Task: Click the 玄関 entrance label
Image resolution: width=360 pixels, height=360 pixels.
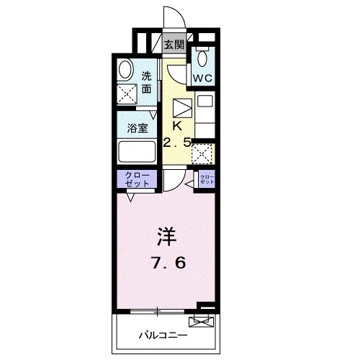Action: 174,45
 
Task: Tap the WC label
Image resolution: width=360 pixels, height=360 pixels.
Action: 202,76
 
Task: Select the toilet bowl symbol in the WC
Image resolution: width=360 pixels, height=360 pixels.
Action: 203,57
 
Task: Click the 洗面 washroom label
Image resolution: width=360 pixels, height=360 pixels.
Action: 146,82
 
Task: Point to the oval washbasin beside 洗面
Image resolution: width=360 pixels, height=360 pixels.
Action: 126,71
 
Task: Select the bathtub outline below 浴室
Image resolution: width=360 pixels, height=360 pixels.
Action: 137,153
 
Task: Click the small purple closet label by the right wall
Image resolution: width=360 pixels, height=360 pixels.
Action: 207,180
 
